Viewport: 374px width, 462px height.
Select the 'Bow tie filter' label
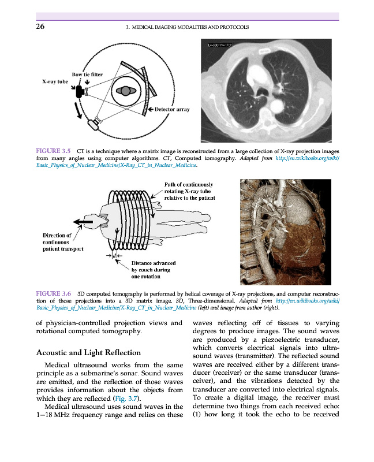click(87, 74)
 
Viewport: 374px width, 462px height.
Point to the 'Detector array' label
click(172, 109)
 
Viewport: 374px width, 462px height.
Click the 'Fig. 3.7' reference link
click(128, 400)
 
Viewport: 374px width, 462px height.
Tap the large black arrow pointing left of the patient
click(85, 222)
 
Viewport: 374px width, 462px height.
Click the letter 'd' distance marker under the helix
click(115, 255)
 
